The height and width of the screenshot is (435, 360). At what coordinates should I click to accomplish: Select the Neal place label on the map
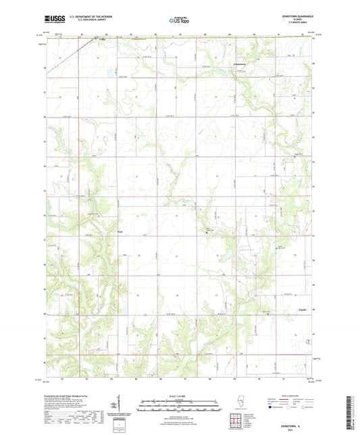120,231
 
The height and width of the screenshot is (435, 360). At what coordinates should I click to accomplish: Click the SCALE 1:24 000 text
179,395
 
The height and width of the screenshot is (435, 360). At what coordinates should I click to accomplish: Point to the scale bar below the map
179,401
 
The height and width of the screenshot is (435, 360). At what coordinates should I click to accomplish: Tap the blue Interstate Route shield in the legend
271,407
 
